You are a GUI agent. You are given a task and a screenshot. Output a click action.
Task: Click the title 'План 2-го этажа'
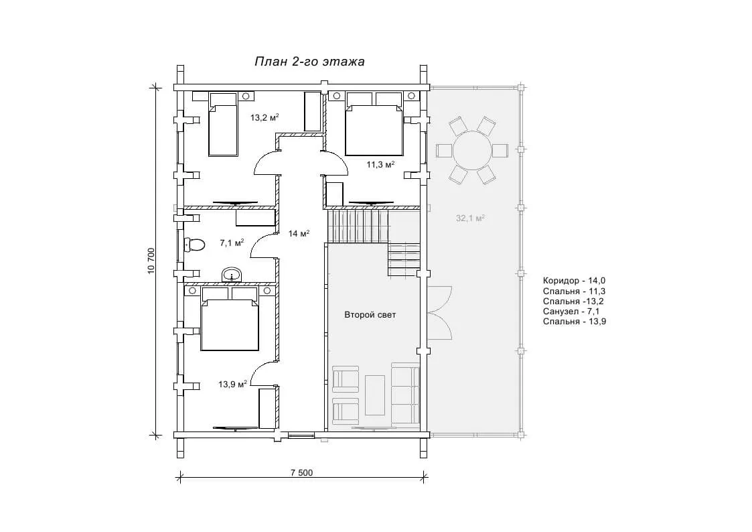[309, 62]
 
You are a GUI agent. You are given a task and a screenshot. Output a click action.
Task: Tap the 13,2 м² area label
[265, 117]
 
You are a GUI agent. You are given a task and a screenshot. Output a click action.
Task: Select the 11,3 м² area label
[381, 165]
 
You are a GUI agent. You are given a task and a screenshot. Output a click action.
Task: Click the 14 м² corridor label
[299, 234]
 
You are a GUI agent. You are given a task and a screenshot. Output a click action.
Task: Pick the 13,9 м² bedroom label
[232, 384]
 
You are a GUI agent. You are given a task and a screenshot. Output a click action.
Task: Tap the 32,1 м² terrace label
[471, 218]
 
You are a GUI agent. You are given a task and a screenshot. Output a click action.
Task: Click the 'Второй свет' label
[370, 315]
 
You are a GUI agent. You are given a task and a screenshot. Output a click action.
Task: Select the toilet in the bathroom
[194, 245]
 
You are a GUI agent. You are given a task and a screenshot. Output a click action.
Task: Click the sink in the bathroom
[232, 275]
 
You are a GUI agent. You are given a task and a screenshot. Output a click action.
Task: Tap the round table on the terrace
[472, 150]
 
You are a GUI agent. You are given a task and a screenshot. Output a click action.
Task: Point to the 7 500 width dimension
[301, 472]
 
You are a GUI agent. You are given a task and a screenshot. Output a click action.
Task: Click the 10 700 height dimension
[151, 261]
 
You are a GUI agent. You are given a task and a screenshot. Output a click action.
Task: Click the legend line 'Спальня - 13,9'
[575, 322]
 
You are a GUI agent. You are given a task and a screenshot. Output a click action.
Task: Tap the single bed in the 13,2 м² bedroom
[224, 124]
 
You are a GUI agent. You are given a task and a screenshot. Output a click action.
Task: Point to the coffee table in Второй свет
[375, 395]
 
